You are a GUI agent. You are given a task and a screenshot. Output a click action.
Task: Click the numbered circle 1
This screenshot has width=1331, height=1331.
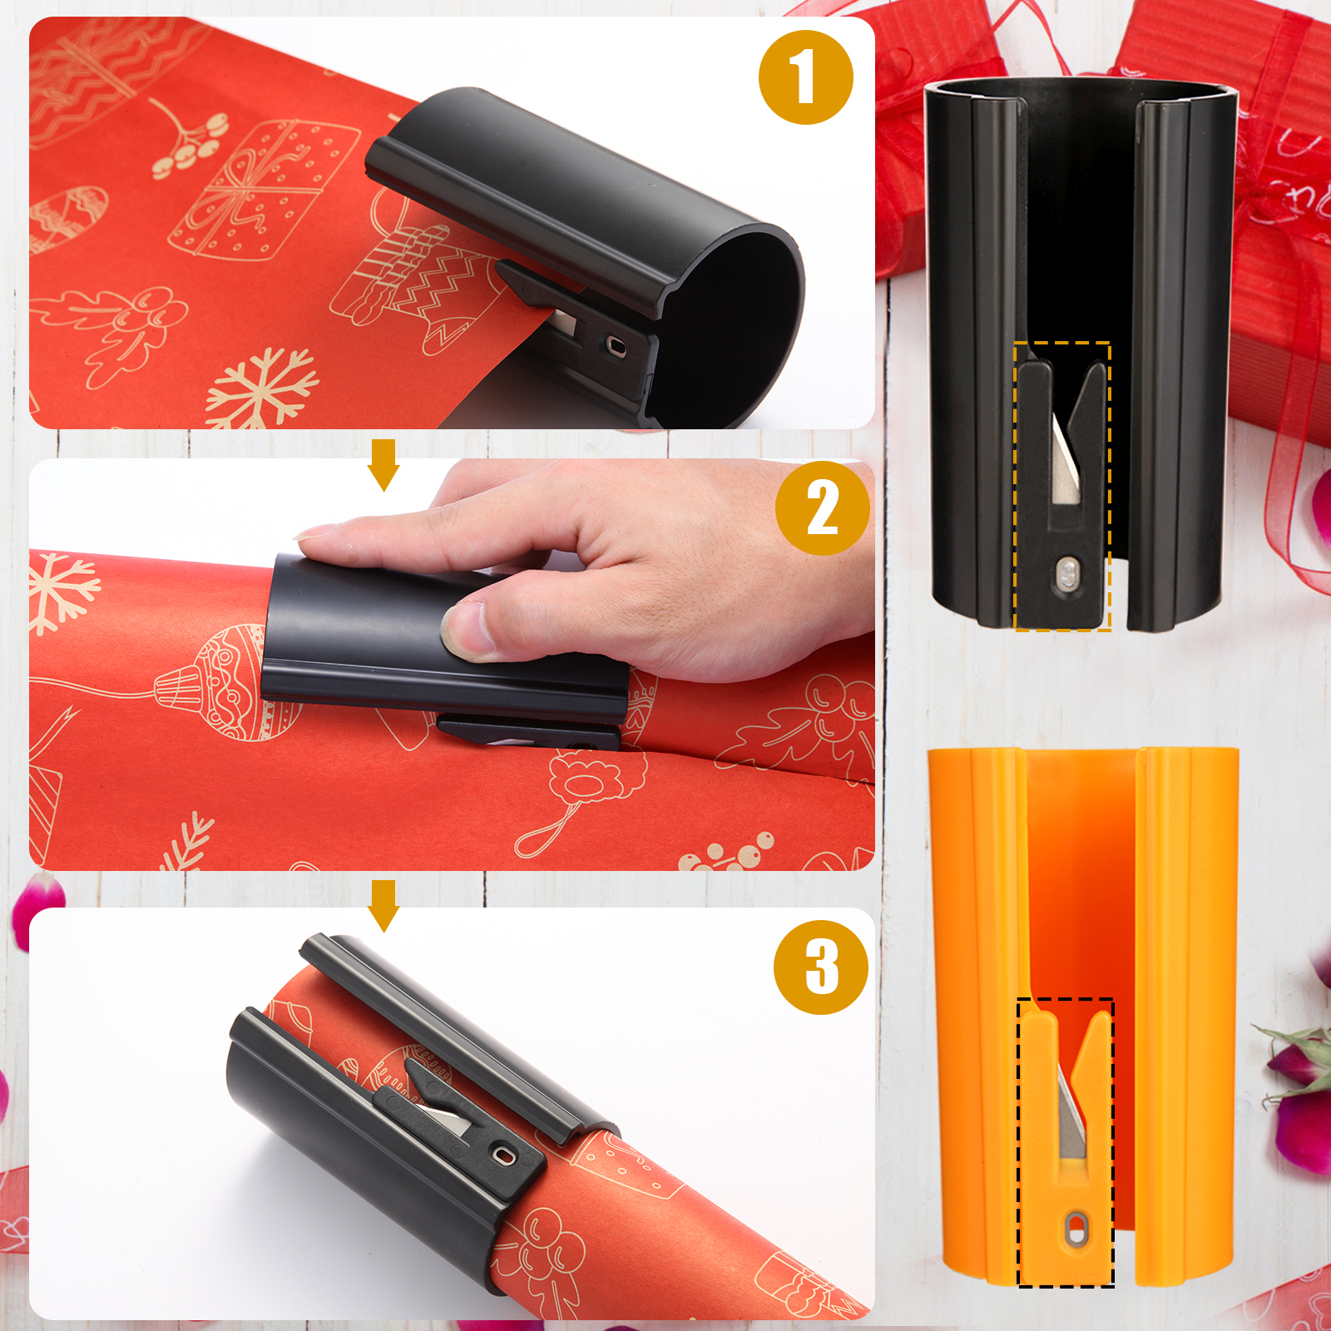(805, 77)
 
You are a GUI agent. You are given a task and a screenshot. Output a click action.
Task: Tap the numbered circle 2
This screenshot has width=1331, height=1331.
(822, 508)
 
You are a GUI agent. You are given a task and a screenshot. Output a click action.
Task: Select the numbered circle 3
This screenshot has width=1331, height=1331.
(821, 967)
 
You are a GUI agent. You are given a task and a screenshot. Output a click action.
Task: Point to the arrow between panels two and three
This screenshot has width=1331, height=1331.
(383, 905)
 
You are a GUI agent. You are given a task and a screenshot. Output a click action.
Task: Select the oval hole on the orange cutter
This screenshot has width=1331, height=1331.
(1077, 1230)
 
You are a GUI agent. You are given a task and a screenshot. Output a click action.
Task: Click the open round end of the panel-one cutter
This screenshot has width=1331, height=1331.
(732, 324)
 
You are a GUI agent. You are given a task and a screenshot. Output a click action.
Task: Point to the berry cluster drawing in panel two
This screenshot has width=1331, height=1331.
(732, 854)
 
